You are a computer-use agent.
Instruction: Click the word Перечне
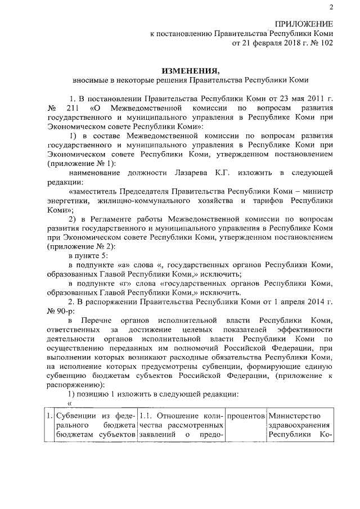[103, 320]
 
